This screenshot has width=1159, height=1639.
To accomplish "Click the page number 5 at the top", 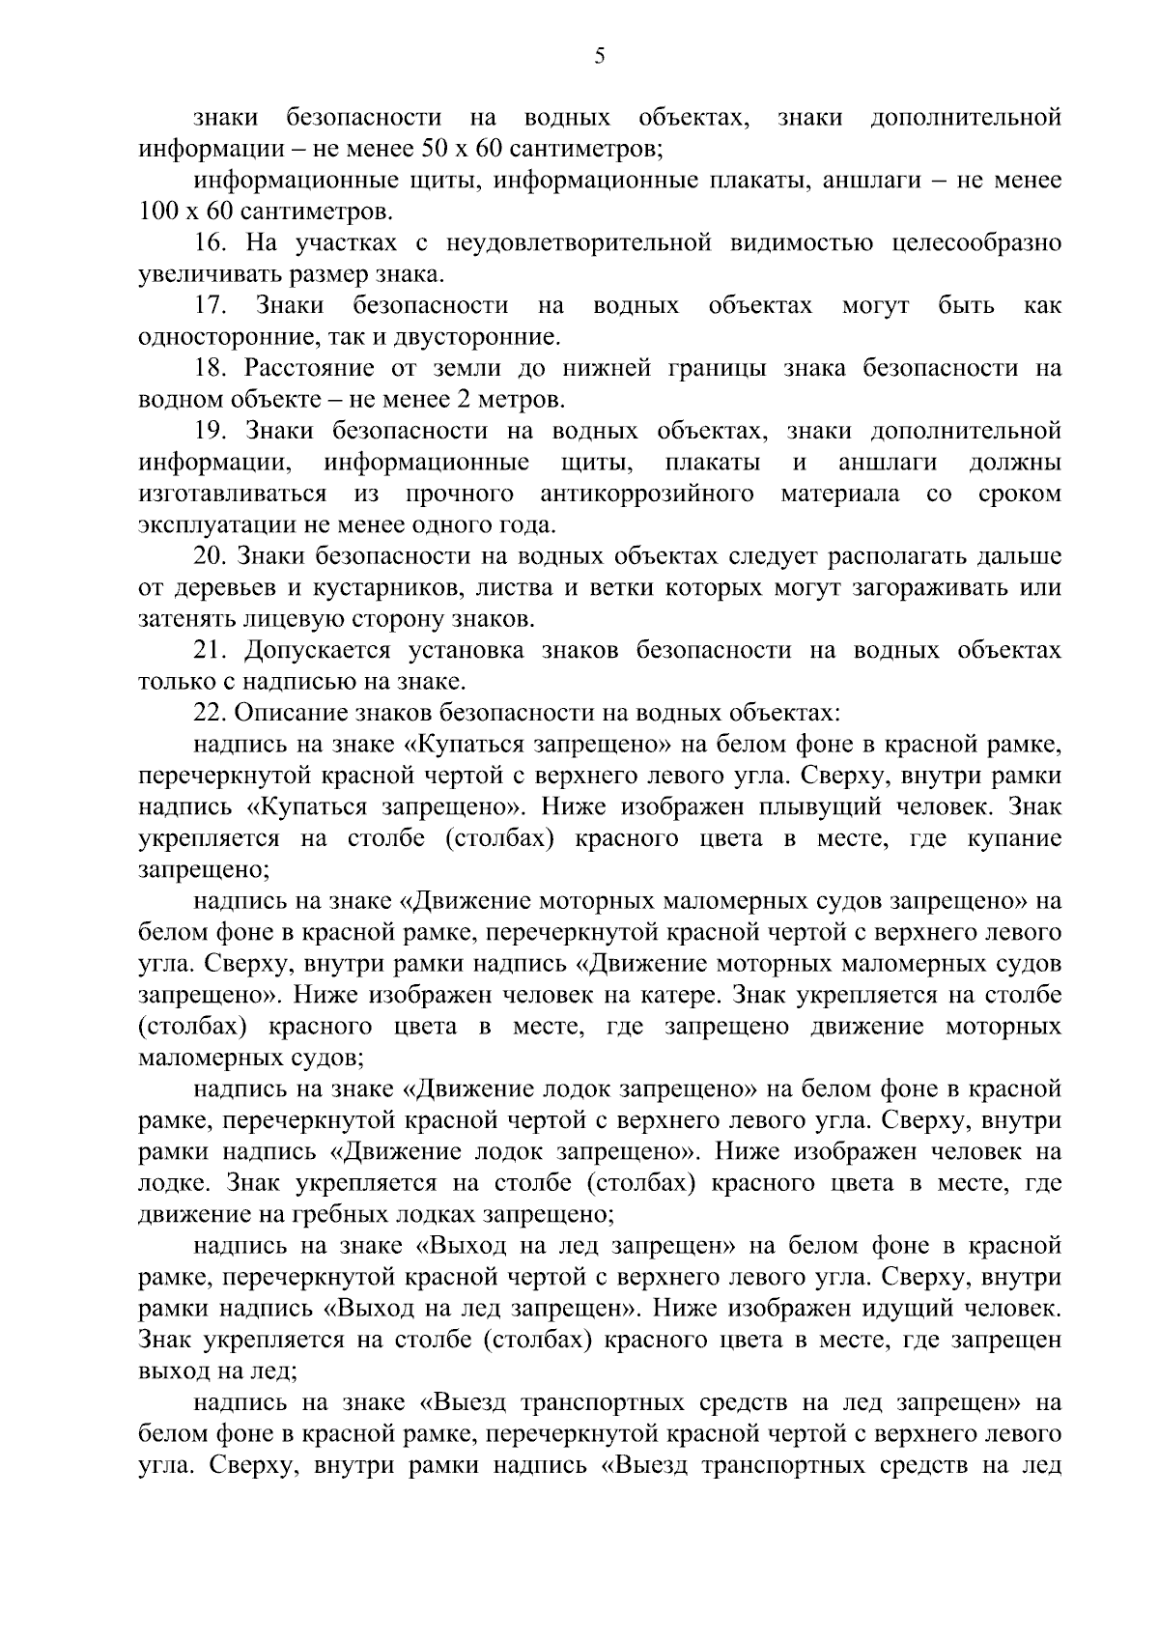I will (599, 56).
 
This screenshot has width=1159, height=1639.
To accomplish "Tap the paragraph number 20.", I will (212, 556).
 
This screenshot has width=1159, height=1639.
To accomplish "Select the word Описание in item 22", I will (282, 713).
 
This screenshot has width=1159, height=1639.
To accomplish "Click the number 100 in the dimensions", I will (155, 212).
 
